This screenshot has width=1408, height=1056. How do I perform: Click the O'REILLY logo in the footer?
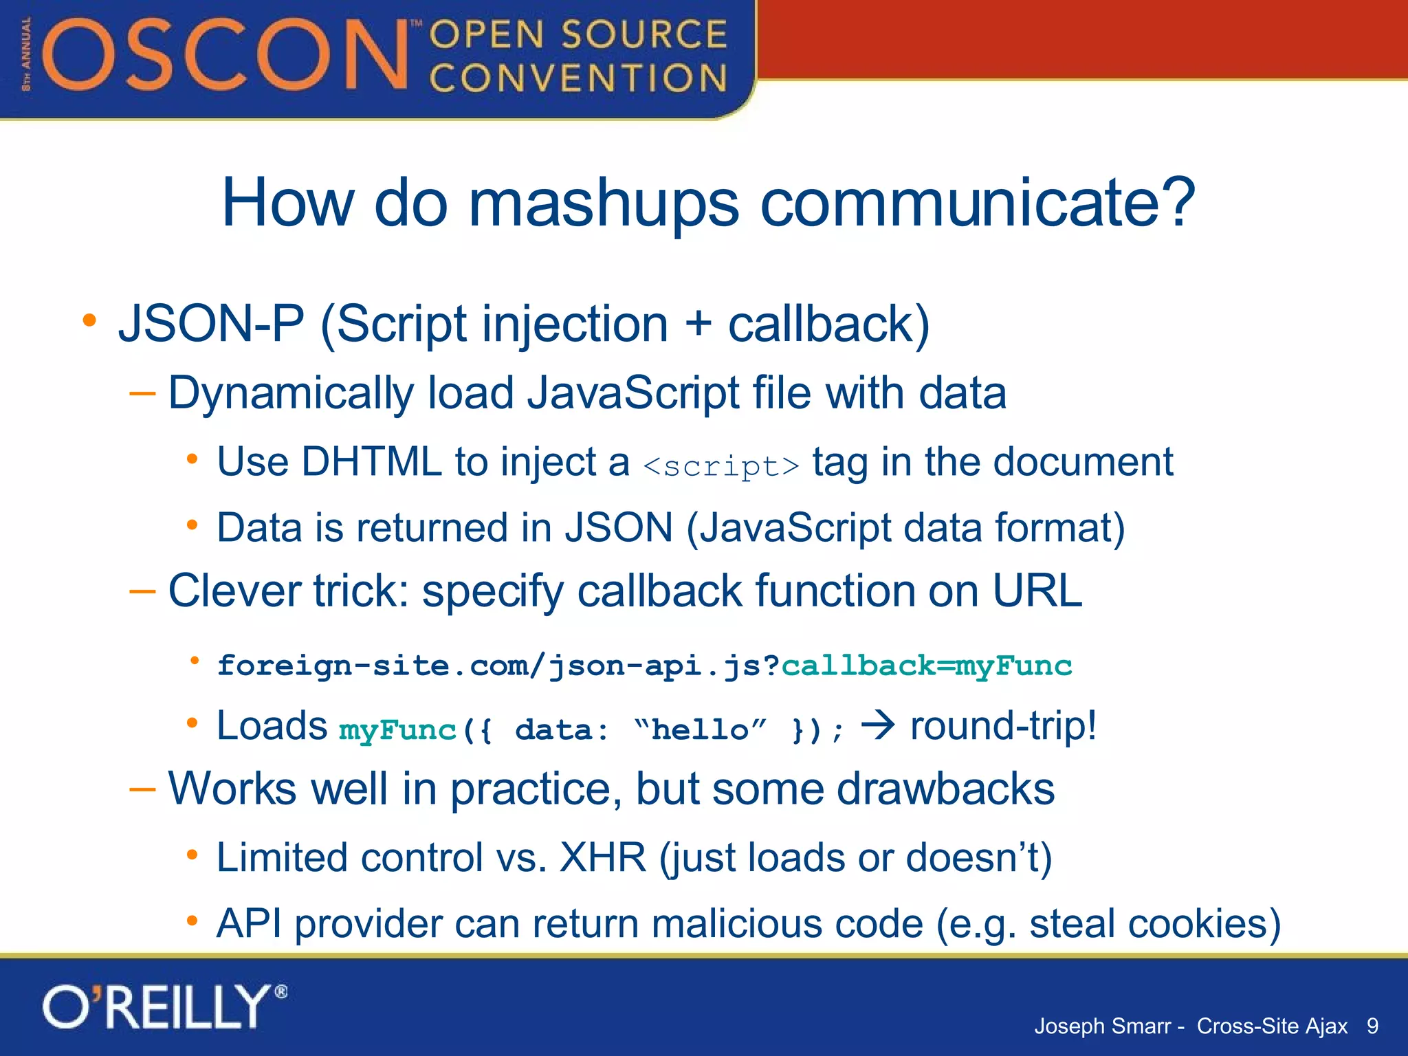tap(164, 1007)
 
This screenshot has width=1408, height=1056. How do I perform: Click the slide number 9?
tap(1372, 1026)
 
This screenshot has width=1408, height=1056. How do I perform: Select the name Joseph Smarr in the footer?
tap(1102, 1026)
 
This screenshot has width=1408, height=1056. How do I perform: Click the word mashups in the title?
tap(603, 203)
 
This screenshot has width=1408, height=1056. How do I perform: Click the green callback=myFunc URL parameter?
tap(926, 665)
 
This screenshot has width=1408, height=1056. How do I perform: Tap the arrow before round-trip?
tap(878, 725)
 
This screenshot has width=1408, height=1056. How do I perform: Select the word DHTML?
tap(371, 461)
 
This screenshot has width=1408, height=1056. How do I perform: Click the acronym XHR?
tap(603, 857)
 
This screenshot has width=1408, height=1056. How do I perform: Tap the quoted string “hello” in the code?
tap(699, 730)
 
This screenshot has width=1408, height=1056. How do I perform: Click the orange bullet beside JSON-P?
tap(89, 320)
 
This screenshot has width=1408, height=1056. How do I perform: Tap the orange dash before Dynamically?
tap(142, 393)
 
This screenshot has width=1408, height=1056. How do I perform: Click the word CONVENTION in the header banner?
tap(577, 78)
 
